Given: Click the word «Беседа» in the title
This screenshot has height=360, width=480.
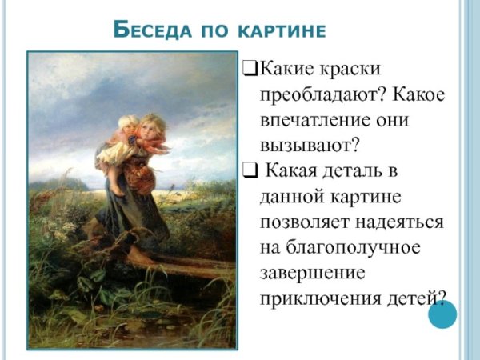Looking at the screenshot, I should [x=152, y=30].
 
